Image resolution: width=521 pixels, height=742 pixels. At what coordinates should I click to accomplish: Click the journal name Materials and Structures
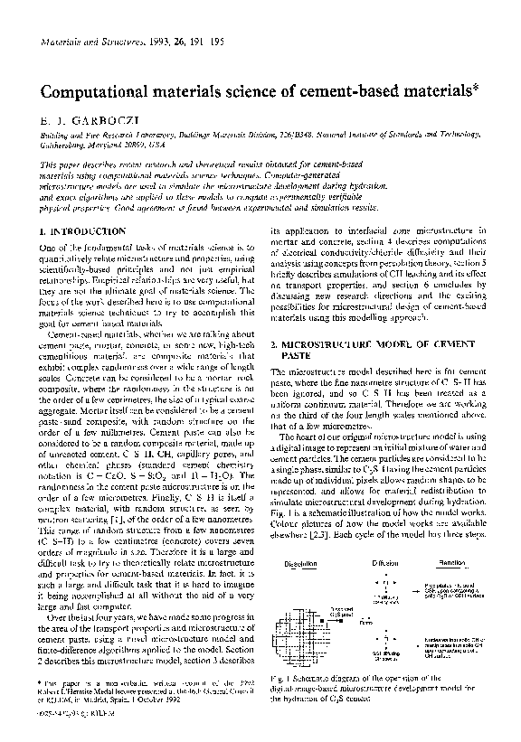(80, 42)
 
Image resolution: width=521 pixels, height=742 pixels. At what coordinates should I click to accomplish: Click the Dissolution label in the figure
(300, 562)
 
